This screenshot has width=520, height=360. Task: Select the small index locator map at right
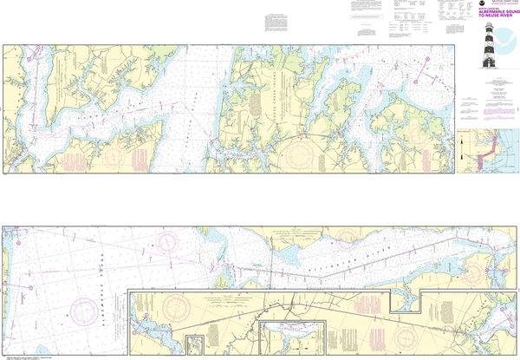486,152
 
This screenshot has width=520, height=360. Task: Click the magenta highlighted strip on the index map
484,154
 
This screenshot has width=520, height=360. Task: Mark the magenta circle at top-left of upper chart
28,61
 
